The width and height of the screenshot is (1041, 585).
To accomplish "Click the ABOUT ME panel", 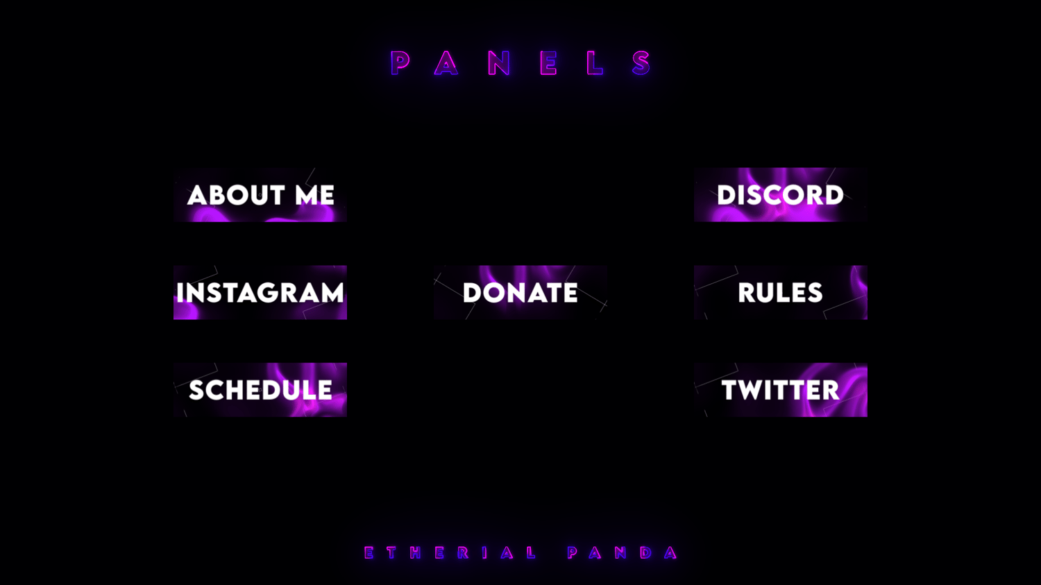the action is tap(260, 195).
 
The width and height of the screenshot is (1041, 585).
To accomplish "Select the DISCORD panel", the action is tap(781, 195).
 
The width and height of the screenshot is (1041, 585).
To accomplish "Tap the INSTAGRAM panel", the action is tap(260, 292).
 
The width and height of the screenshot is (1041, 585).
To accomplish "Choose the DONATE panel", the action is tap(520, 292).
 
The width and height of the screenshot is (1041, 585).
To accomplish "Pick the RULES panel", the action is tap(781, 292).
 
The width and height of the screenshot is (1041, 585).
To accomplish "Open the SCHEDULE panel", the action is tap(260, 390).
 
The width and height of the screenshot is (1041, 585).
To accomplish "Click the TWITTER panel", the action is tap(781, 390).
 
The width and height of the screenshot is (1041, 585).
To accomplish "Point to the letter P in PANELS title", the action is tap(400, 62).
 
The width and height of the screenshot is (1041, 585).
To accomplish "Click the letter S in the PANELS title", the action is tap(641, 62).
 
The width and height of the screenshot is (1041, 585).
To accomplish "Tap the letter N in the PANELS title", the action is tap(499, 62).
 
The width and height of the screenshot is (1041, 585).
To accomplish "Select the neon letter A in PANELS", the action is tap(446, 62).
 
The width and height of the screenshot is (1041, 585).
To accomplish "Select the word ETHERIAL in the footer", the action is tap(450, 552).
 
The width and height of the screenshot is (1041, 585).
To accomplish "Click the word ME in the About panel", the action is tap(314, 195).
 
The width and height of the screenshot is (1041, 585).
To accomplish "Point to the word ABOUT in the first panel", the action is tap(236, 195).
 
